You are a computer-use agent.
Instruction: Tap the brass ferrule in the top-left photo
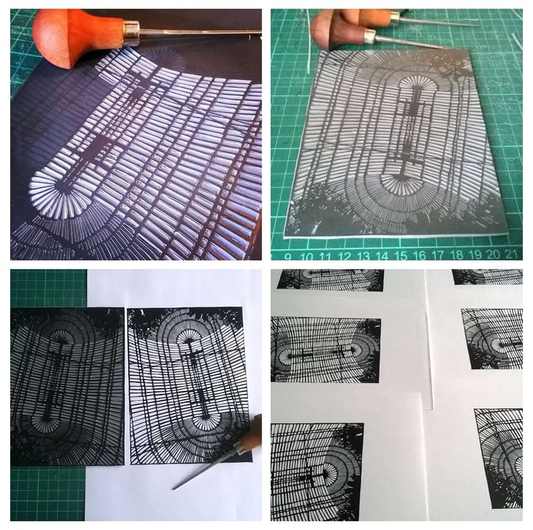(131, 32)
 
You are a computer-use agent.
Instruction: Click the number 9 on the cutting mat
(288, 256)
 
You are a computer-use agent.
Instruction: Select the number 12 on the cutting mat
(344, 256)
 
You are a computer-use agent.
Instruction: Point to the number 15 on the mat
(401, 256)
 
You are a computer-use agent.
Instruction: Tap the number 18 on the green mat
(457, 255)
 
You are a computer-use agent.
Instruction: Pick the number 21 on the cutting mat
(512, 254)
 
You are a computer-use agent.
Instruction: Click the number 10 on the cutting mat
(307, 256)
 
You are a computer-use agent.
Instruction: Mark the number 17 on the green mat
(439, 255)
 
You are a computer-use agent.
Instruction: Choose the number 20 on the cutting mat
(494, 254)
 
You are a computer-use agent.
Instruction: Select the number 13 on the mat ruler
(363, 256)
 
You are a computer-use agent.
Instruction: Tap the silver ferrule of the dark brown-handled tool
(370, 36)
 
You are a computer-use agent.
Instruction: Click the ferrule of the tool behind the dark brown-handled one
(394, 17)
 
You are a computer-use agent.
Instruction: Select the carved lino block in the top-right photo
(396, 143)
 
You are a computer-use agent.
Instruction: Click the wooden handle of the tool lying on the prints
(250, 436)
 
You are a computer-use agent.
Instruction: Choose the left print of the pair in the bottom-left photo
(67, 386)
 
